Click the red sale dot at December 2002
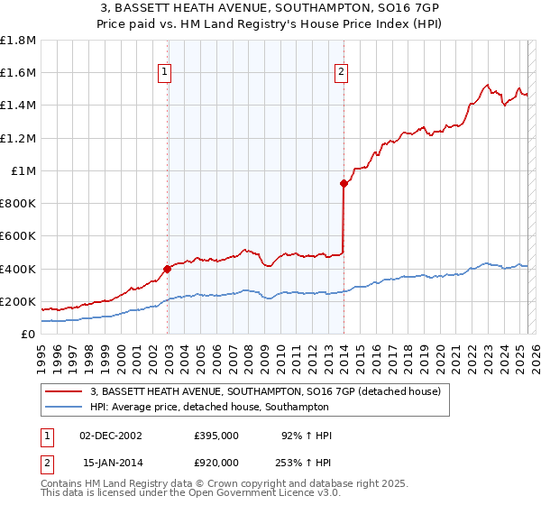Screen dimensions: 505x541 click(x=168, y=269)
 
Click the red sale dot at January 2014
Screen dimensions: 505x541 click(x=344, y=183)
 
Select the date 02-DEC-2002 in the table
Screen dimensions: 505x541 click(x=111, y=435)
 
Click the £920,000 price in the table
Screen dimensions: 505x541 click(x=215, y=462)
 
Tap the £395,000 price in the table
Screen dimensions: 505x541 click(x=215, y=435)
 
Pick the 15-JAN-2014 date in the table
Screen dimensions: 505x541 click(x=111, y=462)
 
